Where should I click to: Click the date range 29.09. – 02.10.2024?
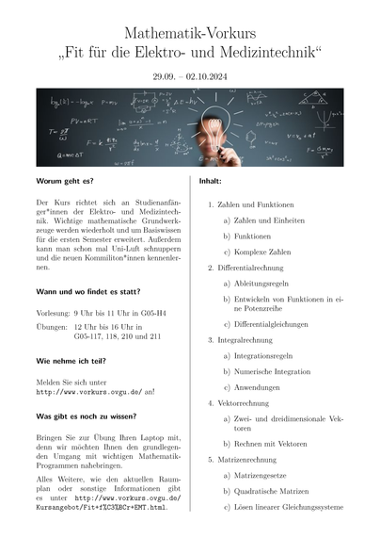pos(189,74)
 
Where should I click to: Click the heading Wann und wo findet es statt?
pos(87,293)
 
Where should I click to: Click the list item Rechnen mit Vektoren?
pos(270,444)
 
